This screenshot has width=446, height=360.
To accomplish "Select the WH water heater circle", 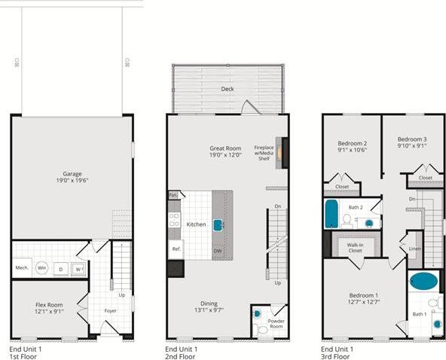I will click(42, 268).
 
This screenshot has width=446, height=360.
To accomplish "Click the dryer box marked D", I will click(60, 268).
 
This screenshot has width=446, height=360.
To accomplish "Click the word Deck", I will click(227, 89).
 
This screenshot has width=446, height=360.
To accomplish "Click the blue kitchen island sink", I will click(218, 224).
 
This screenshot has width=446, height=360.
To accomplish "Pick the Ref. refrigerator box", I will click(175, 249).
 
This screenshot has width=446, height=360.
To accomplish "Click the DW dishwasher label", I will click(218, 251).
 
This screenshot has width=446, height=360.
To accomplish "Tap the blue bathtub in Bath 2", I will click(331, 214).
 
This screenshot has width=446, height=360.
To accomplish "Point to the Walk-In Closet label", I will click(356, 248).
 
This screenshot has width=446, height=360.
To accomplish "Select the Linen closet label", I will click(415, 248).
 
